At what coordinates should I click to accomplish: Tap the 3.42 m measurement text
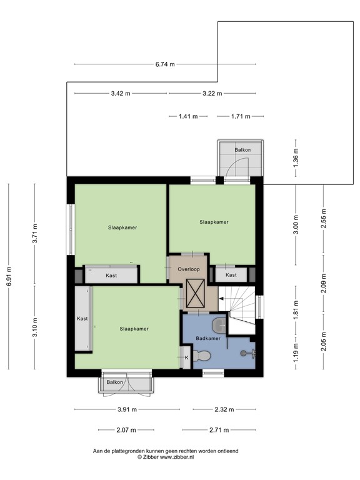point(121,94)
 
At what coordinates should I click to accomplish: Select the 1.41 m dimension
point(188,116)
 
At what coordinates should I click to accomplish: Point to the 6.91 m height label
point(9,276)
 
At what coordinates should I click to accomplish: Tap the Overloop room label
point(187,269)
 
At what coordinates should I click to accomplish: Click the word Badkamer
point(208,338)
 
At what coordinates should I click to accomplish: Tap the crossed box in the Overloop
point(196,293)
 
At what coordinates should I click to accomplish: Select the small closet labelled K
point(186,357)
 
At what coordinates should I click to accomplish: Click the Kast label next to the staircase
point(231,275)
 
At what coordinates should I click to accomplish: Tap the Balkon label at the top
point(243,150)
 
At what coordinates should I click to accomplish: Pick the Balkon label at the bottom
point(114,382)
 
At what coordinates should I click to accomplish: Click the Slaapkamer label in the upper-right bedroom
point(214,222)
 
